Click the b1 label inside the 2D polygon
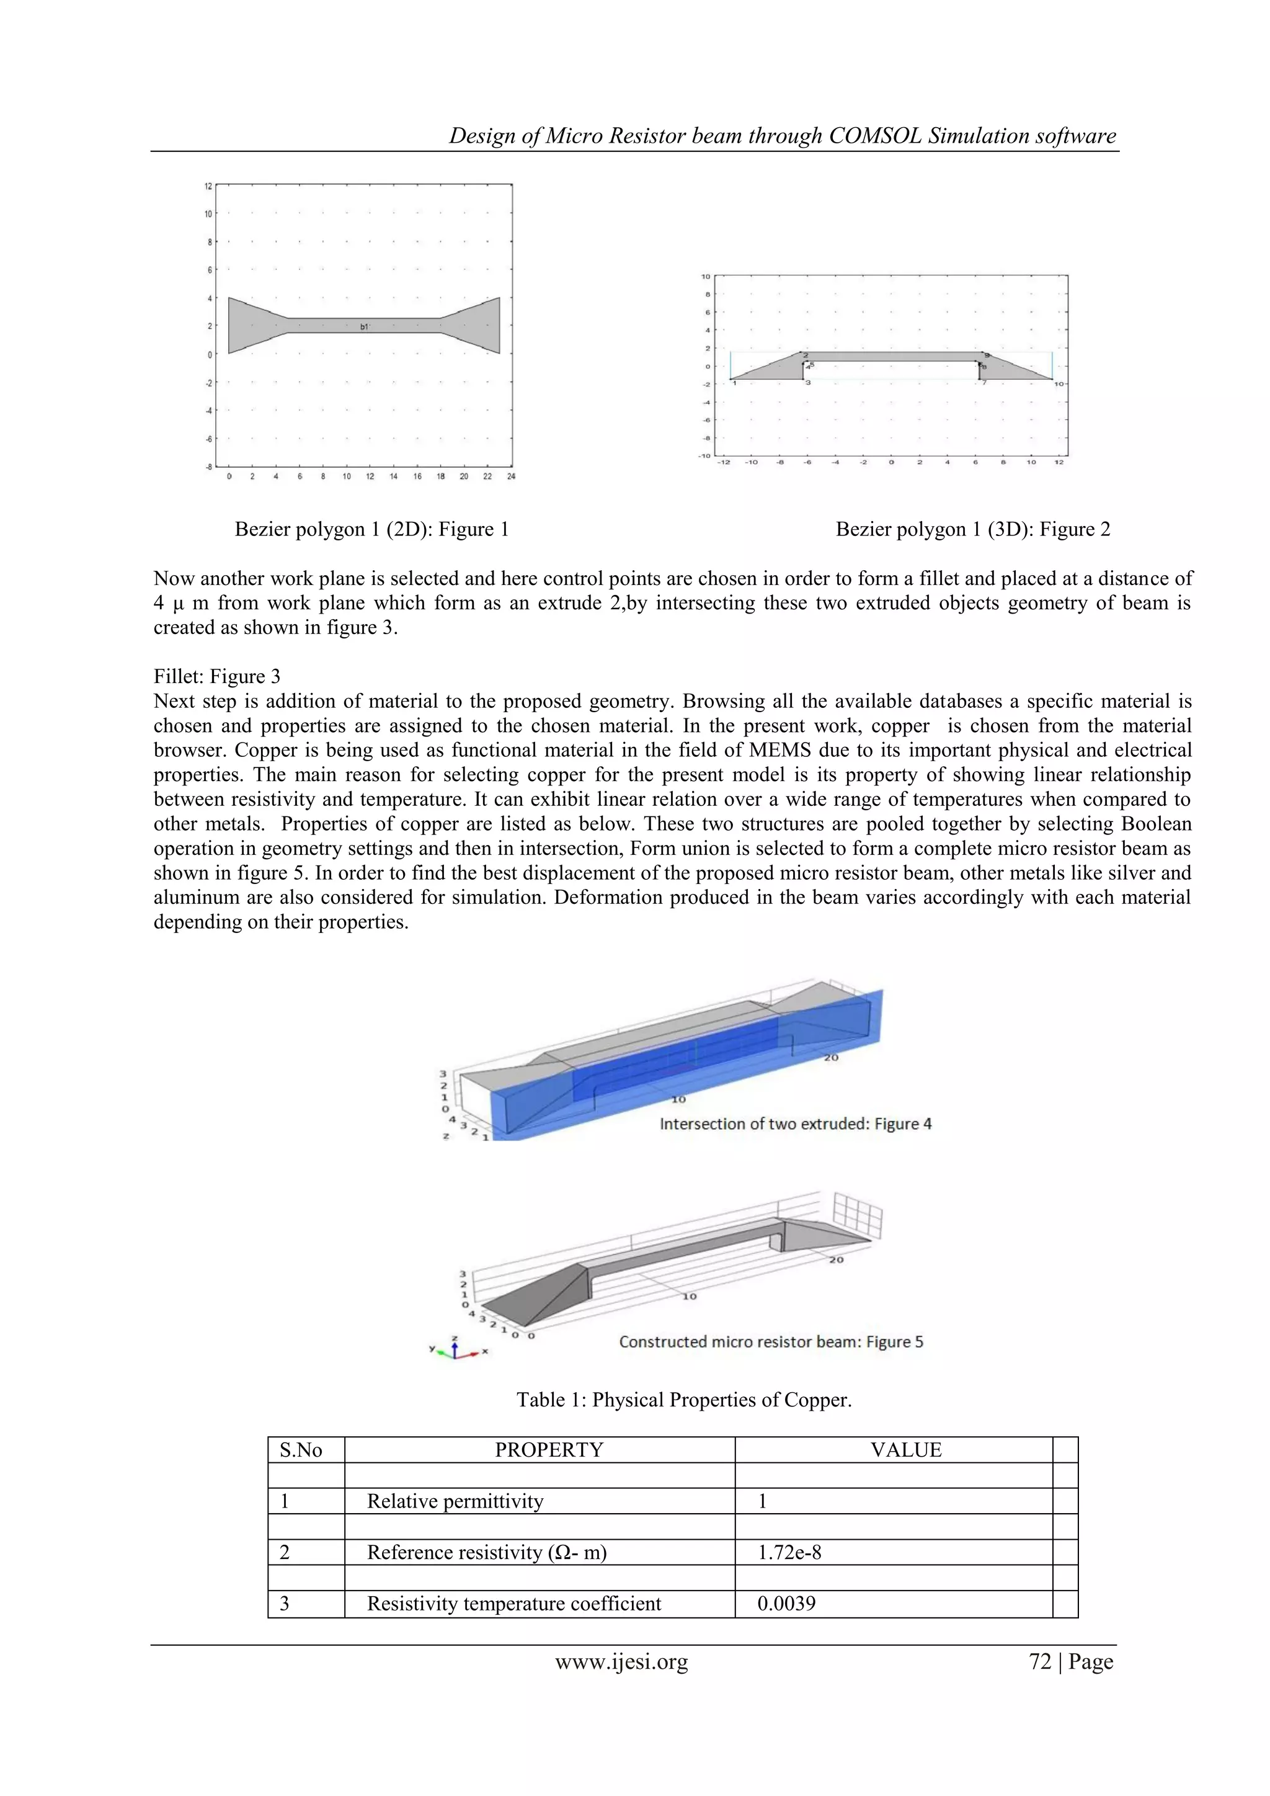click(x=365, y=327)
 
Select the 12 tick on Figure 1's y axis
click(x=208, y=186)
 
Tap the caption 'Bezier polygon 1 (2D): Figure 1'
click(x=371, y=530)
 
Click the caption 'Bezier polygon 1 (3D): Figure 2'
click(x=972, y=530)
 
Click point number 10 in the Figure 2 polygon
click(x=1059, y=384)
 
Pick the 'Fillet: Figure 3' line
click(x=216, y=677)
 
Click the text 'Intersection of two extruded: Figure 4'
click(x=796, y=1124)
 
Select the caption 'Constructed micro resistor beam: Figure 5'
click(x=770, y=1341)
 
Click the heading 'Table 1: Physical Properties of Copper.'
click(x=683, y=1400)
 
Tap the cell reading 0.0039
click(x=786, y=1604)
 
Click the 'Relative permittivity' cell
click(x=455, y=1501)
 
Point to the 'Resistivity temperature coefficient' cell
click(x=514, y=1604)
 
